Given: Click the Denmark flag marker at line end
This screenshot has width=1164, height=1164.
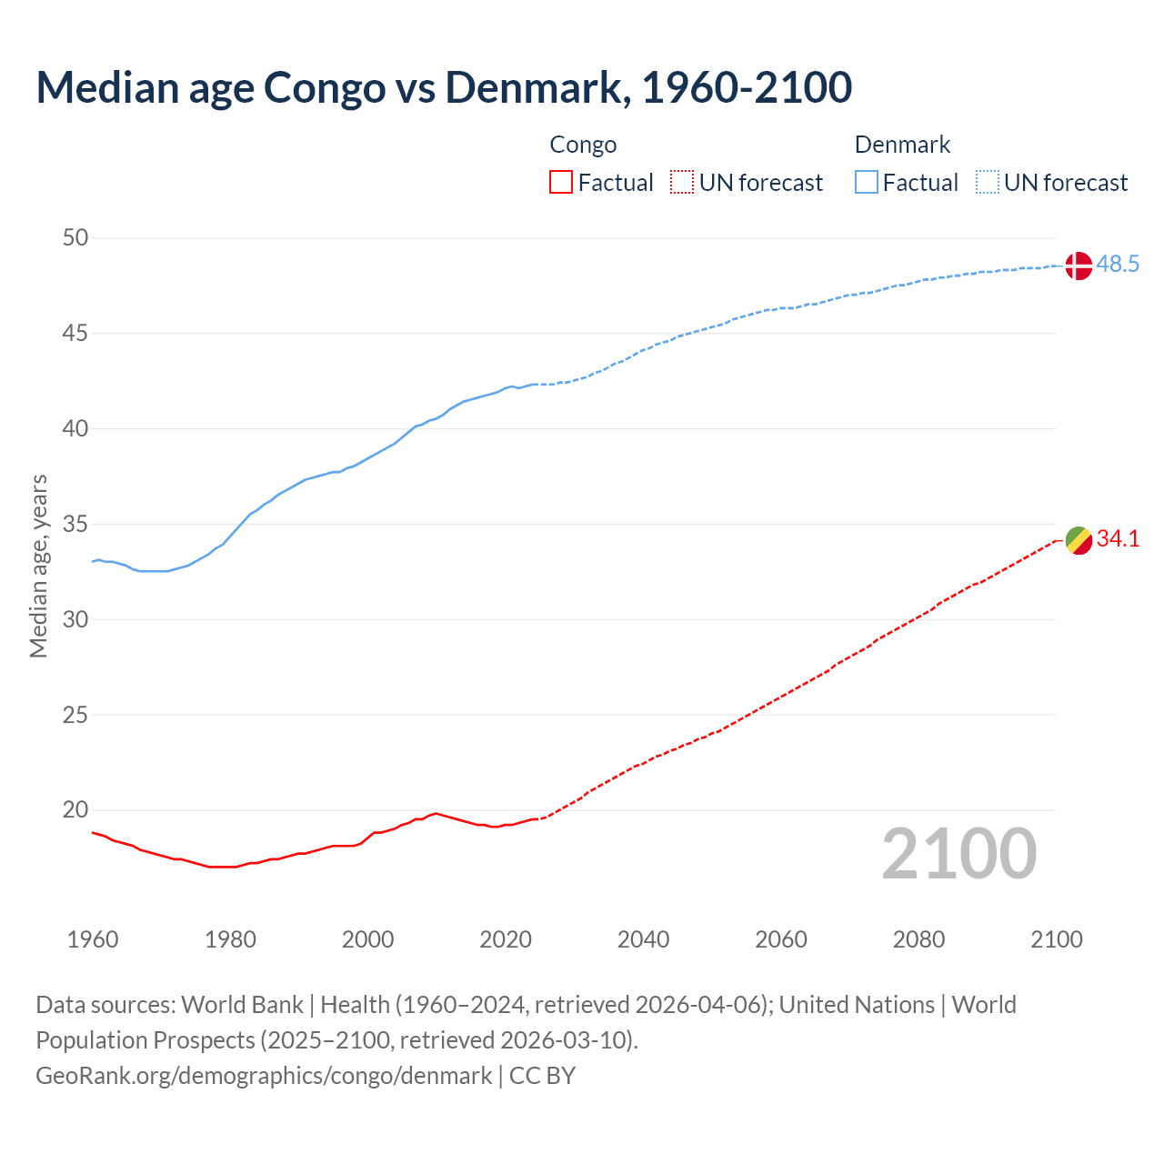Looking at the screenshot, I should tap(1078, 266).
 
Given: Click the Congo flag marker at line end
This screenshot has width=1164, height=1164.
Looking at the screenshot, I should tap(1078, 540).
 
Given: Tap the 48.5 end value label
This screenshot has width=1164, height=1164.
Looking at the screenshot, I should tap(1118, 265).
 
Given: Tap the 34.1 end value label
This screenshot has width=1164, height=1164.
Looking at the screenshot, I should tap(1118, 539).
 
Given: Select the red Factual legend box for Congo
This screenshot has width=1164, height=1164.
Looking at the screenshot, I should tap(561, 183).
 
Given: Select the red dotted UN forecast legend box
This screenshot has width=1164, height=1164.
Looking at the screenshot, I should tap(682, 183).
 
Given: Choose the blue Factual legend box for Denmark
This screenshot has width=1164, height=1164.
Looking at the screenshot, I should tap(867, 183).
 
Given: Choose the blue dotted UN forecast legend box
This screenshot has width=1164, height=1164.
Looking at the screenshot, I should tap(987, 183).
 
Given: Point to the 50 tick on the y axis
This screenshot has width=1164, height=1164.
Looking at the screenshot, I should tap(75, 238).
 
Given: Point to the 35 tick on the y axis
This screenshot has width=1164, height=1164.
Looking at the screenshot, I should tap(75, 525).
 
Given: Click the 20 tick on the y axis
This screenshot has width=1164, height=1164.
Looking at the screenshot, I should tap(75, 810).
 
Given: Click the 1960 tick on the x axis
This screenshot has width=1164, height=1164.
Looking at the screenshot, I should tap(93, 939).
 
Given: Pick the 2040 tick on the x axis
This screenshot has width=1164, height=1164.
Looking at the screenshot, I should tap(643, 939).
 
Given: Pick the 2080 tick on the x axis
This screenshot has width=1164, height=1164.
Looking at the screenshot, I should tap(918, 939).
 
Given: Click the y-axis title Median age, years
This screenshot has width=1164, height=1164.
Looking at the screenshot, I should tap(38, 566).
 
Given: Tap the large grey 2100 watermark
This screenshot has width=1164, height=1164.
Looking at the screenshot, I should tap(959, 854).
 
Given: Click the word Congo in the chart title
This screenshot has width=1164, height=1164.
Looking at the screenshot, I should tap(324, 87).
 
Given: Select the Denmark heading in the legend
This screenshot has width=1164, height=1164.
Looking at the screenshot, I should tap(902, 145).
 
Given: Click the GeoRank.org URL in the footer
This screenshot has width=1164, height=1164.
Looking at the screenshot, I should tap(264, 1076).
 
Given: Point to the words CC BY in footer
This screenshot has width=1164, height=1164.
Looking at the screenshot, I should tap(542, 1076).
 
